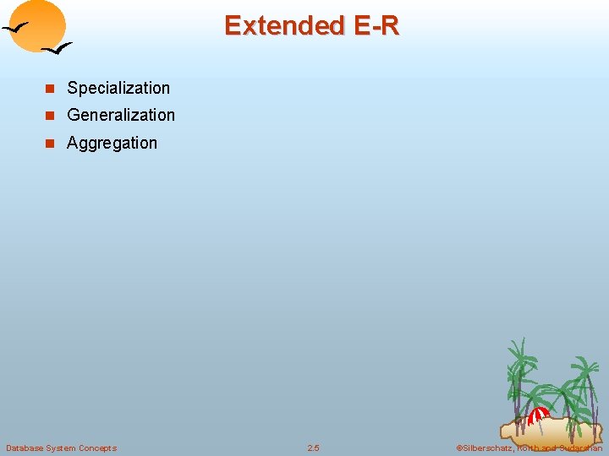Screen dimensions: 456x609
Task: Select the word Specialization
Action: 118,88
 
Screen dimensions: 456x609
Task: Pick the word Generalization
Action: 121,115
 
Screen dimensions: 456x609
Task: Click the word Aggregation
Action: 112,143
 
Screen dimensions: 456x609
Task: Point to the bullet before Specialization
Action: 50,89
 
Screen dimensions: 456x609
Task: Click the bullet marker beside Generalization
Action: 50,116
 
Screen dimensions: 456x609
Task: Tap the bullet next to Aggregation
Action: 50,144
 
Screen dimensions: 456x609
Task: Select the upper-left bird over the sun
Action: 18,30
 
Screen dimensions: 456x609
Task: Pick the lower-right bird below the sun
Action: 57,50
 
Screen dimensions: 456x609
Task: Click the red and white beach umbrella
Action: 539,415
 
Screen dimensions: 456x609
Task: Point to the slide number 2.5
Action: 313,448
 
